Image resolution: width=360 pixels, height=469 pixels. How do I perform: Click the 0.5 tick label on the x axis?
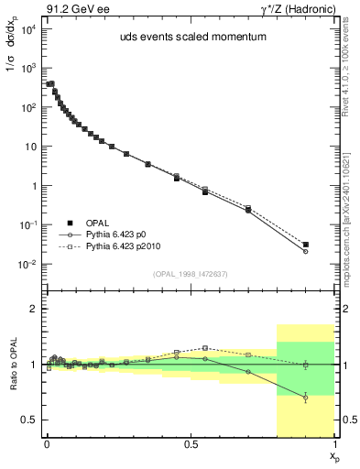tap(191, 442)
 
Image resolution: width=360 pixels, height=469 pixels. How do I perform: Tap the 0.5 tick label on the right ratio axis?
tap(345, 420)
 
